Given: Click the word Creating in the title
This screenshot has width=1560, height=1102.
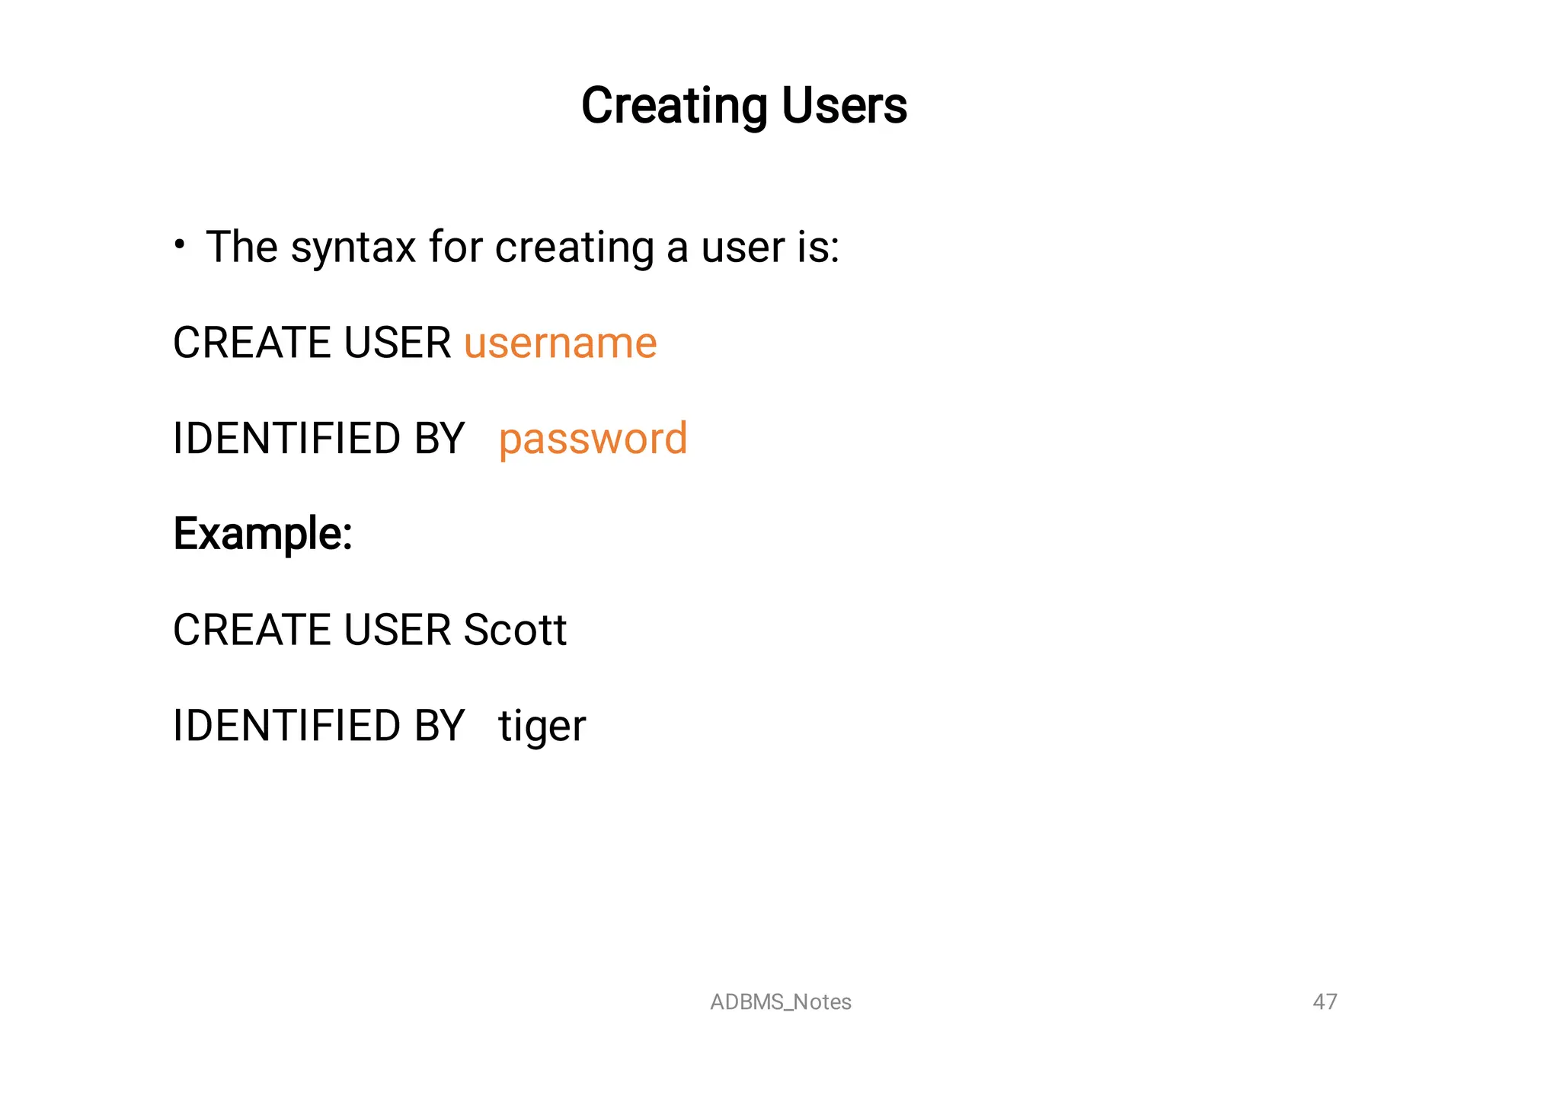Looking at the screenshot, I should pyautogui.click(x=674, y=106).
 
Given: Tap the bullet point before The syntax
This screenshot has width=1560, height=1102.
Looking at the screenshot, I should pyautogui.click(x=180, y=245).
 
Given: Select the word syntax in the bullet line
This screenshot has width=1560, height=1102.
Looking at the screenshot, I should pyautogui.click(x=353, y=248).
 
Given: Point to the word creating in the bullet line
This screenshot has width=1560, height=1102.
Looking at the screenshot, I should pyautogui.click(x=574, y=248).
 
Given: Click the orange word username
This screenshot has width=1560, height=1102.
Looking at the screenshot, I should pyautogui.click(x=560, y=343).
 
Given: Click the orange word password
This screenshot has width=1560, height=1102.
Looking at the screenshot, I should pyautogui.click(x=593, y=439).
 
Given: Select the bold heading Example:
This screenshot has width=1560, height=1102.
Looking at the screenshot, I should pyautogui.click(x=263, y=534).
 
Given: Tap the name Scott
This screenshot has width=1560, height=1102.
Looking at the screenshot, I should pyautogui.click(x=515, y=631).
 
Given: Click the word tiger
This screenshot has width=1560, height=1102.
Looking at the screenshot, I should pyautogui.click(x=542, y=726).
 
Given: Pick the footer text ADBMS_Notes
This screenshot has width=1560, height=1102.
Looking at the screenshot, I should pyautogui.click(x=780, y=1002).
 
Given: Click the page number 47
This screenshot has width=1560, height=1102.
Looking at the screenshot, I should pyautogui.click(x=1325, y=1001).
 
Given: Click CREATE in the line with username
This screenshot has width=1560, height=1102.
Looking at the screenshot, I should pyautogui.click(x=252, y=343).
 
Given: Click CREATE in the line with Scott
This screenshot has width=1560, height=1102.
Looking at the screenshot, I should pyautogui.click(x=252, y=631).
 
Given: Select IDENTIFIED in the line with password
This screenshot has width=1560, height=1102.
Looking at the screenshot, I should pyautogui.click(x=286, y=439).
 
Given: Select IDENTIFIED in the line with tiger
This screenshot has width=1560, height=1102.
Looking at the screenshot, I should pyautogui.click(x=286, y=726).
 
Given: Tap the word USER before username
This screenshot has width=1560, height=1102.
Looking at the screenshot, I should pyautogui.click(x=397, y=343).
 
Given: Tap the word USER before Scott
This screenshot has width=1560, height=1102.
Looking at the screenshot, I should pyautogui.click(x=397, y=631).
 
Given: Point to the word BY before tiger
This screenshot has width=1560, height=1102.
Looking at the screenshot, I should pyautogui.click(x=439, y=726).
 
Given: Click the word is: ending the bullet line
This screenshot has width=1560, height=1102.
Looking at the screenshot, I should pyautogui.click(x=818, y=248).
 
